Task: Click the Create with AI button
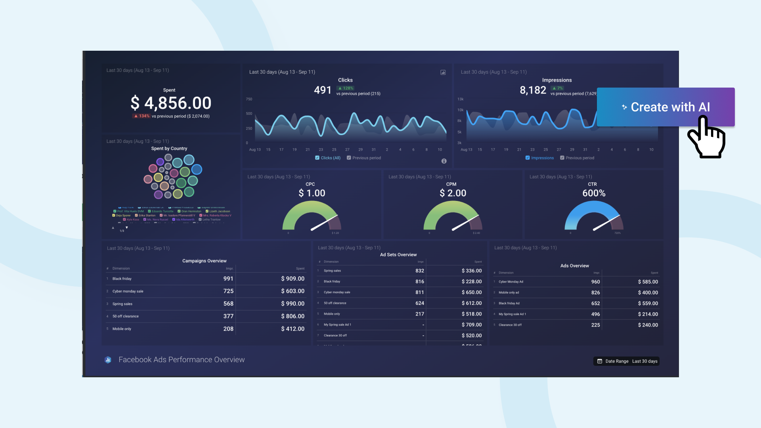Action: pos(666,107)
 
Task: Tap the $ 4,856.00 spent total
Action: pos(171,103)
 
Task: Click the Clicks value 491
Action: pos(322,90)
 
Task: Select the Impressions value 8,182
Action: pos(533,90)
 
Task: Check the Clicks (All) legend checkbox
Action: pos(317,158)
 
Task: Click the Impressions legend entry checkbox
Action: pos(528,158)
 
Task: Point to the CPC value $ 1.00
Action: pos(312,193)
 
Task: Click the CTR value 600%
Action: pos(594,193)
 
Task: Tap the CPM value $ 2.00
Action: pos(453,193)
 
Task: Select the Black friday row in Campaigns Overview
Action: pos(122,279)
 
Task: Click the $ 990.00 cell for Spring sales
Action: pos(293,304)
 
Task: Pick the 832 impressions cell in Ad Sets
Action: pos(419,271)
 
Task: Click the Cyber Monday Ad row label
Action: pos(511,282)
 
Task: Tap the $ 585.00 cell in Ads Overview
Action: pos(648,282)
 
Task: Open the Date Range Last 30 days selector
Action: pos(627,361)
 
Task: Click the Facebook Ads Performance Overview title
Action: pos(182,359)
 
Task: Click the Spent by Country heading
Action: pos(169,149)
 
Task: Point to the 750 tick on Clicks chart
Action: pos(249,99)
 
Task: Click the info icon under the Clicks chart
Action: pos(444,161)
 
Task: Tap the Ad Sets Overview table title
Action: pos(398,255)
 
